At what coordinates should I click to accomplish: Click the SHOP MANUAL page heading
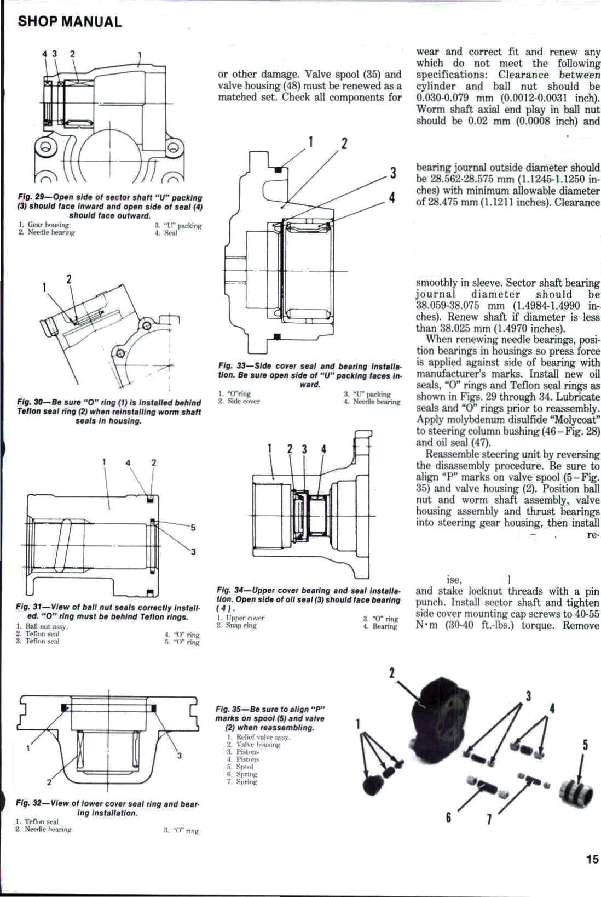click(70, 22)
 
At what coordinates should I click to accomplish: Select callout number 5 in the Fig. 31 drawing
click(192, 528)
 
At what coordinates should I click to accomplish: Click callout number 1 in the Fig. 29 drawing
click(140, 54)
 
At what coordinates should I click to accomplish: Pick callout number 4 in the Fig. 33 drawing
click(392, 198)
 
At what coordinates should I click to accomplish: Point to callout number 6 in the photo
click(448, 819)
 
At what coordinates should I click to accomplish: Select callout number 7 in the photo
click(489, 820)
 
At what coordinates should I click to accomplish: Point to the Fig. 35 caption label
click(229, 709)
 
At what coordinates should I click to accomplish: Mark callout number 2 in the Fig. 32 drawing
click(49, 781)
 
